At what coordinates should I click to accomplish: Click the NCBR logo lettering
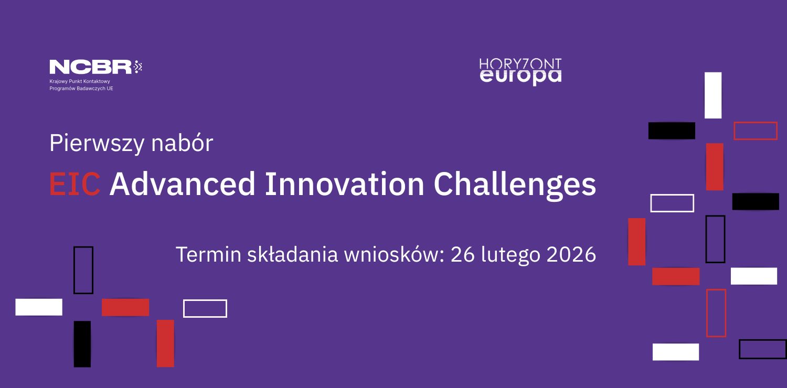pos(91,67)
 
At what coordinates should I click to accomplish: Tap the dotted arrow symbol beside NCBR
pos(137,67)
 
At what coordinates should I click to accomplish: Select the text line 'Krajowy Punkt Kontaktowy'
pos(80,81)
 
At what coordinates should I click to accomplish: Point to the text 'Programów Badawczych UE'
pos(81,89)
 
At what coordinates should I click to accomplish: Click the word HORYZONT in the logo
pos(520,64)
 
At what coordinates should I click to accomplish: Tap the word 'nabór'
pos(182,143)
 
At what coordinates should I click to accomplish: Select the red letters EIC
pos(75,184)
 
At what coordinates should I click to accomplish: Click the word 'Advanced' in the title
pos(183,184)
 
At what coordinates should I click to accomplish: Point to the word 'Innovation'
pos(344,184)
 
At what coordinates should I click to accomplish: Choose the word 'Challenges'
pos(515,186)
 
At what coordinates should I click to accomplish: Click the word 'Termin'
pos(208,254)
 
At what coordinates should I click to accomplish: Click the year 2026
pos(571,254)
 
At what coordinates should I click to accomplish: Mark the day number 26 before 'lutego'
pos(463,254)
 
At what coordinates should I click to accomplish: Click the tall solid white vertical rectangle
pos(713,95)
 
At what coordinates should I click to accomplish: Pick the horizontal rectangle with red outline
pos(756,131)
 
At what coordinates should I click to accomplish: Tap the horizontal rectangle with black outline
pos(762,349)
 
